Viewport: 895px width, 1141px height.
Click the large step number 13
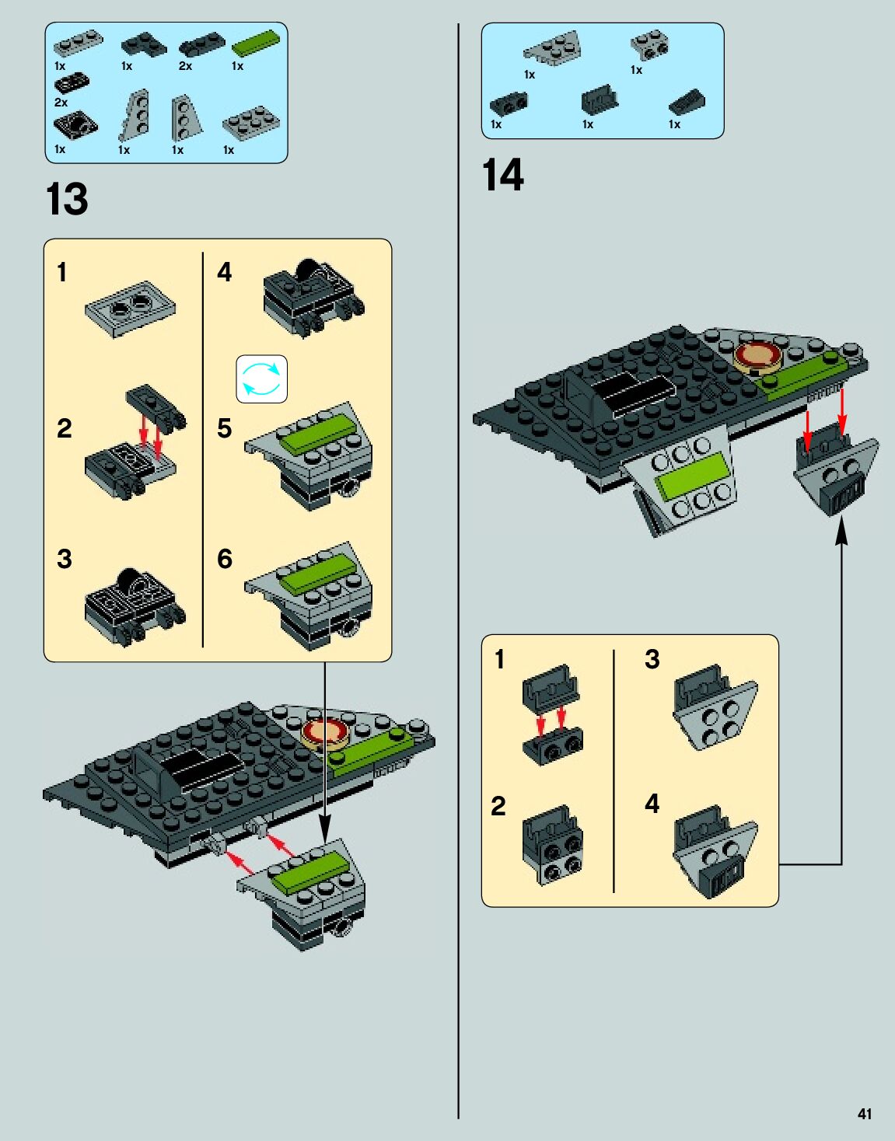(x=67, y=200)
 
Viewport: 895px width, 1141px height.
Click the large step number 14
(x=503, y=175)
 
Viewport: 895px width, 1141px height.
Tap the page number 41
(x=865, y=1114)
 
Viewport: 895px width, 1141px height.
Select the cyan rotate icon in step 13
(x=262, y=379)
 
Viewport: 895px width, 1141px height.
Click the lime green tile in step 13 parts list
(x=254, y=44)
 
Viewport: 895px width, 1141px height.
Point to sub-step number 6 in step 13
(x=225, y=558)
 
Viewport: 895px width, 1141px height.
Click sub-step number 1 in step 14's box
(x=500, y=659)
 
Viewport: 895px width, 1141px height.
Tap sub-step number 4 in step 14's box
(x=652, y=803)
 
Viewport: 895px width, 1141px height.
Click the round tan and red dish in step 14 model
(x=758, y=357)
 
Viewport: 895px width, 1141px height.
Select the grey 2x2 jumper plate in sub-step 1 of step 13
(x=130, y=308)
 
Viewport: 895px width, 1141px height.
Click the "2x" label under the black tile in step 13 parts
(x=61, y=102)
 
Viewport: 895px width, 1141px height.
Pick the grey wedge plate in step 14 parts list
(x=553, y=48)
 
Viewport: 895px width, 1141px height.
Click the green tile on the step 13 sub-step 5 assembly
(x=316, y=434)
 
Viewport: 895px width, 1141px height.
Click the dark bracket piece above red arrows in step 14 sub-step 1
(x=551, y=685)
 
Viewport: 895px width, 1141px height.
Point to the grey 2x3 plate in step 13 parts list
(x=250, y=123)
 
